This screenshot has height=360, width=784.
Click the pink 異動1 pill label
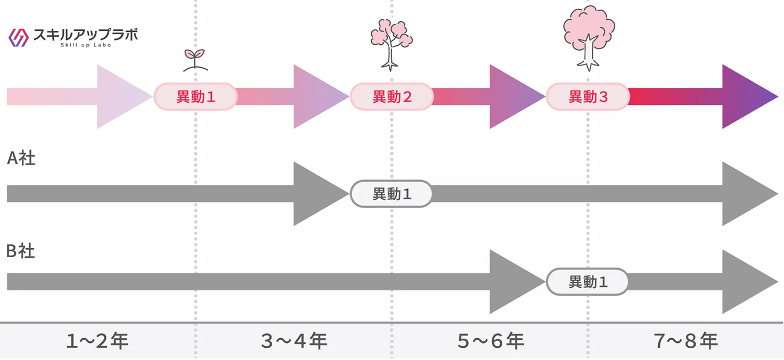coord(195,97)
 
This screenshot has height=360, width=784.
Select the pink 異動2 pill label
coord(391,97)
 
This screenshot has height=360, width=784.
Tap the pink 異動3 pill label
coord(587,97)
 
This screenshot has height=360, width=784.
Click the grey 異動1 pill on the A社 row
coord(391,194)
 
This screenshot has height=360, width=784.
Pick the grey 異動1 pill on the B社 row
coord(587,282)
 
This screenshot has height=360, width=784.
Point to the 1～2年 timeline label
coord(97,341)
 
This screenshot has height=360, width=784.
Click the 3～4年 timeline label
coord(294,341)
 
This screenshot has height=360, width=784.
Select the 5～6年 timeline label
coord(491,341)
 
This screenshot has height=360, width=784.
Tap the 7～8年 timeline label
coord(686,341)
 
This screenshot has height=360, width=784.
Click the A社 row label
coord(21,158)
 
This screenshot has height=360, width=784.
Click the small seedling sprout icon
coord(195,59)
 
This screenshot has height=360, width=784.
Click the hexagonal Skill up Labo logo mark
coord(19,37)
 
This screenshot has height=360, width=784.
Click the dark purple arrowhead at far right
coord(746,97)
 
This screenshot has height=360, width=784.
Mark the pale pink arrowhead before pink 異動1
coord(120,97)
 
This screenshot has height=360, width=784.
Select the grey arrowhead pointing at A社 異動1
coord(317,194)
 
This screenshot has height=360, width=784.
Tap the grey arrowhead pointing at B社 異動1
coord(513,282)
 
